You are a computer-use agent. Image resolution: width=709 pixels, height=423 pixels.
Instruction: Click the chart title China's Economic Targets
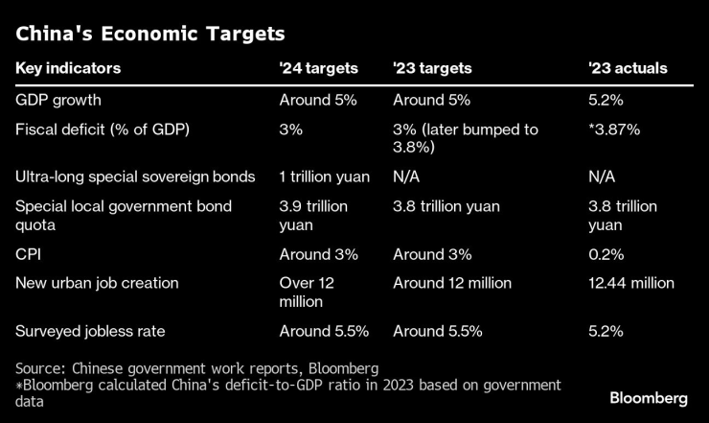pos(149,35)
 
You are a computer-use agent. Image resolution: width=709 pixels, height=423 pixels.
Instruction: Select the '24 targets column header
pos(318,69)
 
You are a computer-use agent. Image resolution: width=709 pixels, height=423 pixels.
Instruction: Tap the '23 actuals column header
pos(628,69)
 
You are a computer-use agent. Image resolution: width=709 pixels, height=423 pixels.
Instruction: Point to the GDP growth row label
pos(58,100)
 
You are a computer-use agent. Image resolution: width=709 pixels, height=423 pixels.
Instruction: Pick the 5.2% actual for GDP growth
pos(606,100)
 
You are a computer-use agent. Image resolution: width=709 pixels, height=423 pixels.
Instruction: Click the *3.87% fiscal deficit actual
pos(614,129)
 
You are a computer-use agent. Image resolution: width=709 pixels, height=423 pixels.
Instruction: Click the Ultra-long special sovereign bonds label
pos(135,176)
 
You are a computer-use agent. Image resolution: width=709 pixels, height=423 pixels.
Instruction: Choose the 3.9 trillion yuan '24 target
pos(313,216)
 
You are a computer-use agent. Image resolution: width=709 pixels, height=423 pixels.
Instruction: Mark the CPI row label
pos(29,254)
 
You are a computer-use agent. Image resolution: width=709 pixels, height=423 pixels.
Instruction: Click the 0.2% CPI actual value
pos(606,254)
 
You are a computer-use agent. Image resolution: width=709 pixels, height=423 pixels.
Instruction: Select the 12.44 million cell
pos(631,283)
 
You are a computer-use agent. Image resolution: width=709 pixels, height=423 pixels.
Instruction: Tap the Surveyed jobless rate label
pos(90,331)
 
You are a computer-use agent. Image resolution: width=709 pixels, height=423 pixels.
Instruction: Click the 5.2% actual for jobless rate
pos(606,331)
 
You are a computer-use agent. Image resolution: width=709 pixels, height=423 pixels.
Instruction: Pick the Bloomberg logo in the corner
pos(649,398)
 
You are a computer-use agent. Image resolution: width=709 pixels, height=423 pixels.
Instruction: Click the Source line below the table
pos(197,367)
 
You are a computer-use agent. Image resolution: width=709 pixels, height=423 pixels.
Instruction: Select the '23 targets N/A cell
pos(407,176)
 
